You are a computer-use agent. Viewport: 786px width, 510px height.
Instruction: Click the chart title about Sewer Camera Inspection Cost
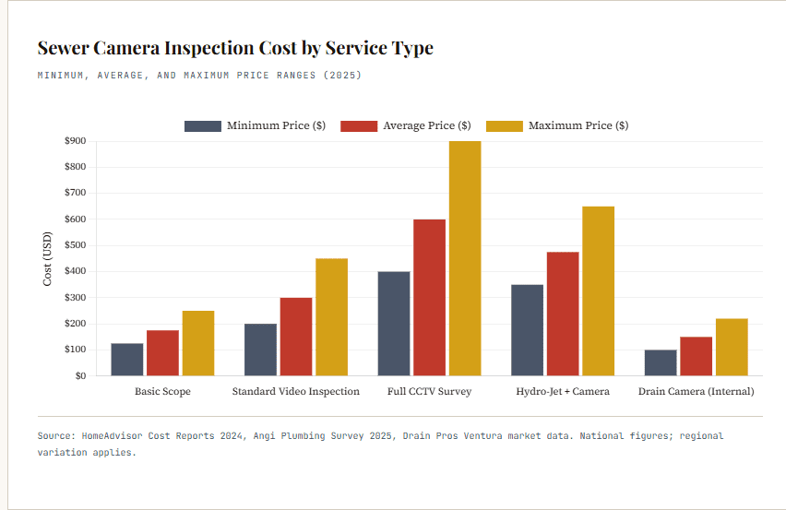235,48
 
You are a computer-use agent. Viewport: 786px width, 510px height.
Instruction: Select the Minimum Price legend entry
255,125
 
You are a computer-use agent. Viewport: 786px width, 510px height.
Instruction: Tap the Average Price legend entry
406,125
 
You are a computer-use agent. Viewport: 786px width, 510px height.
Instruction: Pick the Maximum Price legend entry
557,125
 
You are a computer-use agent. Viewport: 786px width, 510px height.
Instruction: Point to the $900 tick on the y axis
75,141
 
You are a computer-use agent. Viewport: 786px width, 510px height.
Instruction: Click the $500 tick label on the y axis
75,245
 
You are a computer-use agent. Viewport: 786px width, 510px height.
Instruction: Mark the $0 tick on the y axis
79,375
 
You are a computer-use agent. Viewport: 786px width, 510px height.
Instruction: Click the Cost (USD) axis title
47,258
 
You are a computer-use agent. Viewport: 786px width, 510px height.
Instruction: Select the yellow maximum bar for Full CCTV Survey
465,258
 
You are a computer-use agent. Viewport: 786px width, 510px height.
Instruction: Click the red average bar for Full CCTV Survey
429,297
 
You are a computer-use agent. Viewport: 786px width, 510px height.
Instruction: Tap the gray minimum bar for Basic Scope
127,359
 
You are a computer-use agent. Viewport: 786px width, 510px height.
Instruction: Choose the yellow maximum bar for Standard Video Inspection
331,316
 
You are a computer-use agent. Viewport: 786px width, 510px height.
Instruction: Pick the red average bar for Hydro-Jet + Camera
563,314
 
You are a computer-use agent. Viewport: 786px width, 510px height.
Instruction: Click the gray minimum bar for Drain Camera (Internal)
661,362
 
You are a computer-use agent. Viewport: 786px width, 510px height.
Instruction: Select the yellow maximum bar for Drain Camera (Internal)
732,347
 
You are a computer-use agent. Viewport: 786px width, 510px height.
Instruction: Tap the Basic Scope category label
162,391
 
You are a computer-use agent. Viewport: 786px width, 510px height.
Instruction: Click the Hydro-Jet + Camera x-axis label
563,391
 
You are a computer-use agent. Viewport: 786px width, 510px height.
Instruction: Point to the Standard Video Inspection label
295,391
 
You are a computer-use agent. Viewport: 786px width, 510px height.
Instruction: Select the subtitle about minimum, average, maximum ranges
199,75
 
